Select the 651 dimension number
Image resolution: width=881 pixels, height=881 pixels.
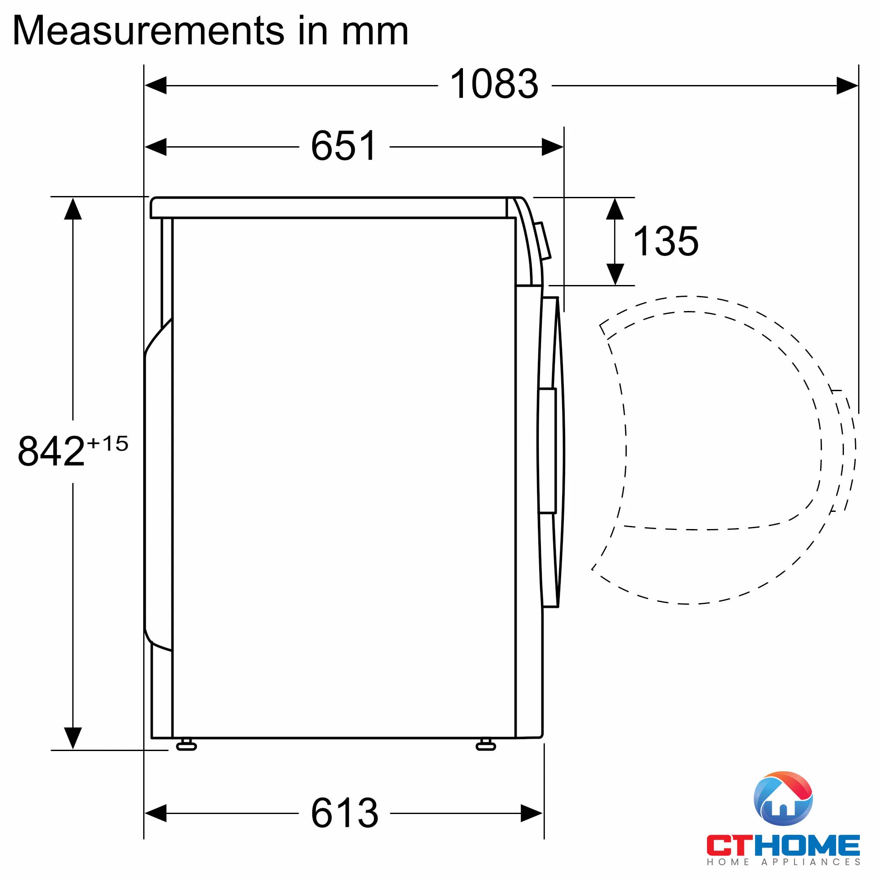tap(344, 146)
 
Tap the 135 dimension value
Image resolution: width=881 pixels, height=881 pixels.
tap(666, 241)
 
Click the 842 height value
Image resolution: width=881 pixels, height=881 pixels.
tap(51, 451)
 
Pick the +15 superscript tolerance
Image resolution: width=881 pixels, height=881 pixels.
tap(107, 443)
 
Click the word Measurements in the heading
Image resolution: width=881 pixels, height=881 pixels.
tap(148, 30)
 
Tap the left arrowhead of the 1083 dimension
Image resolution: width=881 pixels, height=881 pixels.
tap(155, 85)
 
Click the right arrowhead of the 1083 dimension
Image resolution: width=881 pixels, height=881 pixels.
tap(847, 85)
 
